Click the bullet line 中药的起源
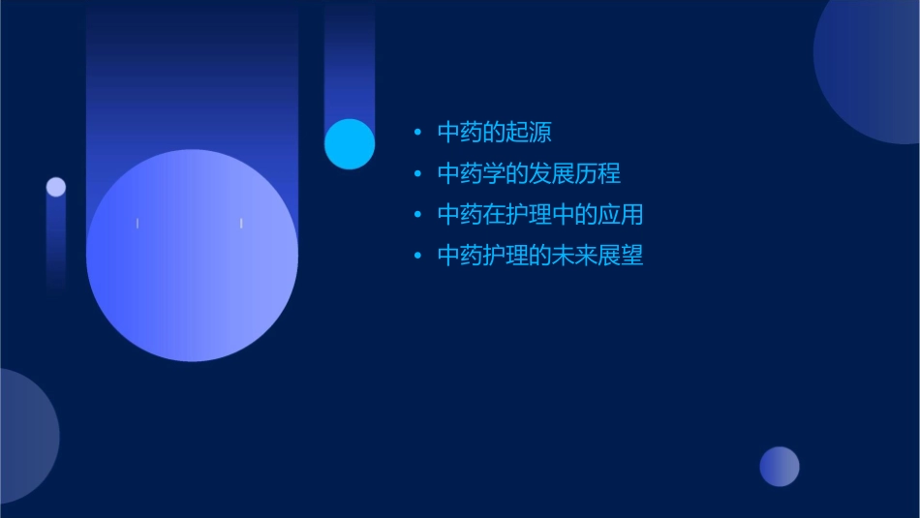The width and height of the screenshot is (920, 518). [x=494, y=132]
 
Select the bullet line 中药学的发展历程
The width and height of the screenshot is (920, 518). [x=529, y=173]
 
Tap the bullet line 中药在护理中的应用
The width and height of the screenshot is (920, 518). [x=539, y=214]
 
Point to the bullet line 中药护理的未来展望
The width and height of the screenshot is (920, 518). [x=539, y=256]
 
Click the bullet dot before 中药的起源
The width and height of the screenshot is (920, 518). [x=417, y=133]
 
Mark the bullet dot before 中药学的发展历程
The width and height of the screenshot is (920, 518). [x=417, y=174]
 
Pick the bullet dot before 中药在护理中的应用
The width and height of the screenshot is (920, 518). [x=417, y=215]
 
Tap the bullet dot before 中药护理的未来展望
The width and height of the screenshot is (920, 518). [x=417, y=257]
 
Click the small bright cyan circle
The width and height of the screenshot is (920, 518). [x=350, y=144]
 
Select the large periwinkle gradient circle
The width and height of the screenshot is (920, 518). [x=192, y=256]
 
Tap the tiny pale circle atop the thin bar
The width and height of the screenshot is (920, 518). [x=56, y=187]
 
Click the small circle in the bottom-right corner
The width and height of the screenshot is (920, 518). [x=780, y=467]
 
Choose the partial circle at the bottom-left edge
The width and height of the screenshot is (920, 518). [x=24, y=436]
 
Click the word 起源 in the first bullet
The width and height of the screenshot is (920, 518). [x=529, y=132]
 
